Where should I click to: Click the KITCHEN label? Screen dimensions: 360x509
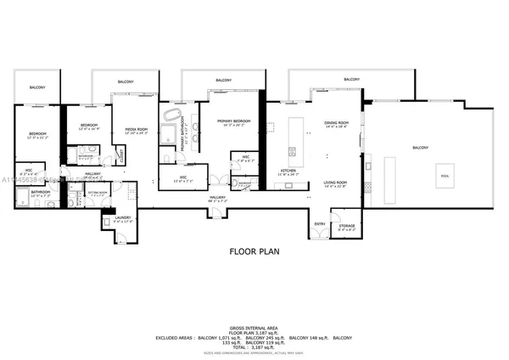[288, 172]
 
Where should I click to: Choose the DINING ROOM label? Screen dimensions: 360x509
[337, 124]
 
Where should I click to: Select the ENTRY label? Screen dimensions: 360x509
[320, 224]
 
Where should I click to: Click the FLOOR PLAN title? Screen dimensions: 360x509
[254, 251]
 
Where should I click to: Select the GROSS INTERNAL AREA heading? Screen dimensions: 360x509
[254, 327]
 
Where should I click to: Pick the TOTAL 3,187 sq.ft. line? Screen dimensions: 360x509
[254, 347]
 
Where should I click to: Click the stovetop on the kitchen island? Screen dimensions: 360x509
[292, 152]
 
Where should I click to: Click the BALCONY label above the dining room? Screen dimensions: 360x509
[350, 80]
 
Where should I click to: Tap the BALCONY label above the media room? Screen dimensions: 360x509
[126, 81]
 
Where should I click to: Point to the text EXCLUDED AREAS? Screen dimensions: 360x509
[174, 337]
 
